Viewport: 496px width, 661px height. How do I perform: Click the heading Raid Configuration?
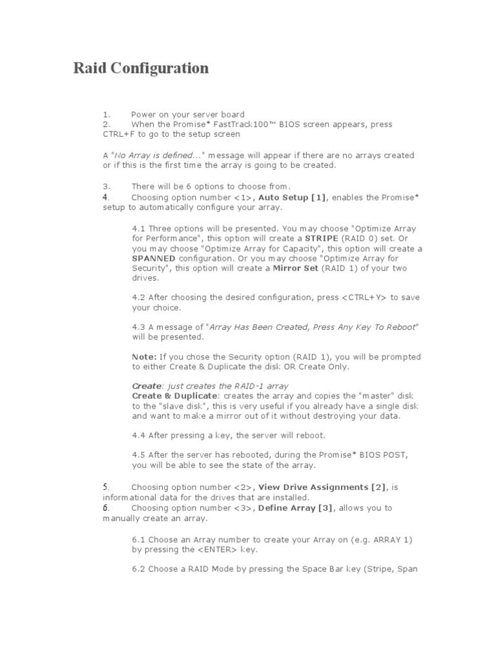pos(141,68)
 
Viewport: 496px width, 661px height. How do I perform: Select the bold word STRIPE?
pos(325,238)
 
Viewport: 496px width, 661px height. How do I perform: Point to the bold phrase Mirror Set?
pos(295,268)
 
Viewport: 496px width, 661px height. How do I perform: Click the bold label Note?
pos(144,356)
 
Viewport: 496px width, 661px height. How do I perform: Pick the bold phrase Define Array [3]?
pos(296,508)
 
